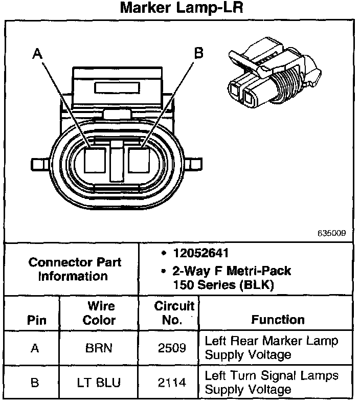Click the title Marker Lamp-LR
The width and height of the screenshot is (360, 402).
click(x=180, y=9)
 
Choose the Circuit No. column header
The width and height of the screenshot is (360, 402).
click(x=174, y=313)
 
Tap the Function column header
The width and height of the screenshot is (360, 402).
click(x=278, y=320)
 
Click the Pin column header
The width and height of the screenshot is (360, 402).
click(x=35, y=321)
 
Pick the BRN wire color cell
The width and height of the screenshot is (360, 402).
click(x=99, y=348)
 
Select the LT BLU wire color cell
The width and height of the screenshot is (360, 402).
click(x=99, y=382)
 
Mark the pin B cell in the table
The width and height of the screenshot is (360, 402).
click(x=35, y=382)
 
